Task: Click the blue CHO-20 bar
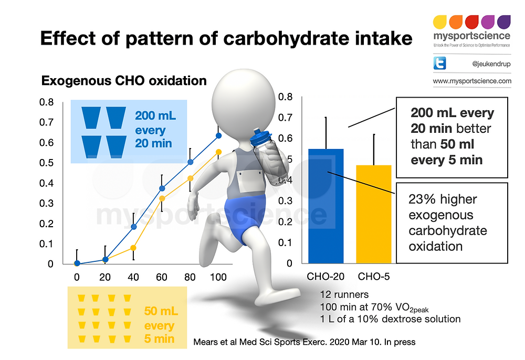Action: [x=325, y=210]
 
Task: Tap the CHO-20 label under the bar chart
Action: [x=325, y=276]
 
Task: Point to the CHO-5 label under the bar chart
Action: [x=374, y=276]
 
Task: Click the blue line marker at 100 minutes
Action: [x=219, y=135]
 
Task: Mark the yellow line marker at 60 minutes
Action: [x=162, y=198]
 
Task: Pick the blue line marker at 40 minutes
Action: [x=133, y=227]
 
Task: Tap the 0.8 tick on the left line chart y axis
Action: [x=47, y=102]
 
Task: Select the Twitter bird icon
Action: [x=439, y=64]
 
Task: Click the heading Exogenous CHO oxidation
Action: [x=124, y=81]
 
